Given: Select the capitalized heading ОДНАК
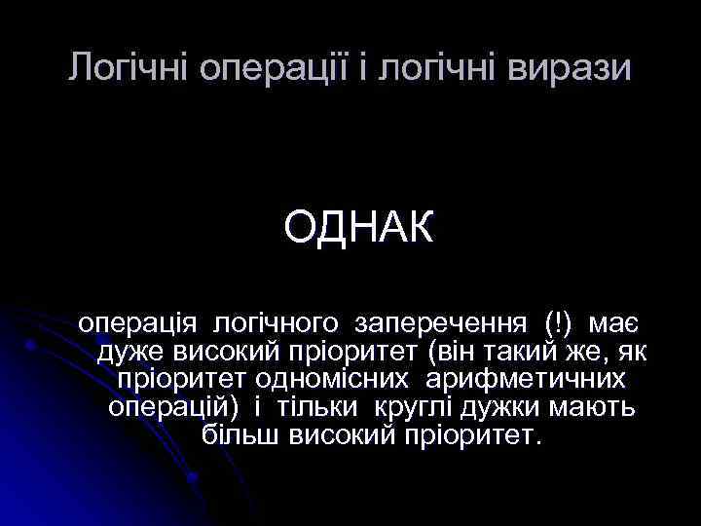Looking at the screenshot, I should (x=356, y=229).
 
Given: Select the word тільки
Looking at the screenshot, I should (x=315, y=405).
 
